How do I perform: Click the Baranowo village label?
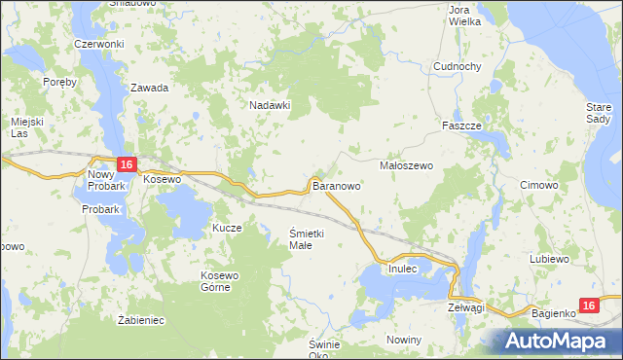[337, 185]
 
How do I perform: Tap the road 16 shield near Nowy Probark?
[126, 165]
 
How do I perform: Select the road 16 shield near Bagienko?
[587, 306]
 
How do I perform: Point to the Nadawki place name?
[271, 105]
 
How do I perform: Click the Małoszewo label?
[406, 166]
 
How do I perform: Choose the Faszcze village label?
[462, 126]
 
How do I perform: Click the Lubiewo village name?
[549, 260]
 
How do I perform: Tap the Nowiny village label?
[403, 340]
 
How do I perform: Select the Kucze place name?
[227, 228]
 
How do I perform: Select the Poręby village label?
[59, 82]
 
